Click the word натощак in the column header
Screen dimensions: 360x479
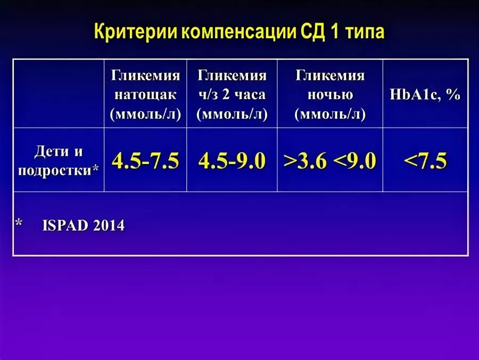tap(145, 95)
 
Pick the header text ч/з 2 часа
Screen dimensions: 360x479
tap(232, 95)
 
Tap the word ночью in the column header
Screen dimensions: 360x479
tap(330, 95)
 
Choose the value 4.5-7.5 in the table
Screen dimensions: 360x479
tap(145, 160)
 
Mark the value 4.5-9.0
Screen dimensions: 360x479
tap(232, 160)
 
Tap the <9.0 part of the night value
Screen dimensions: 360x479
tap(355, 160)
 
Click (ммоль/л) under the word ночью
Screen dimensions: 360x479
tap(330, 114)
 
